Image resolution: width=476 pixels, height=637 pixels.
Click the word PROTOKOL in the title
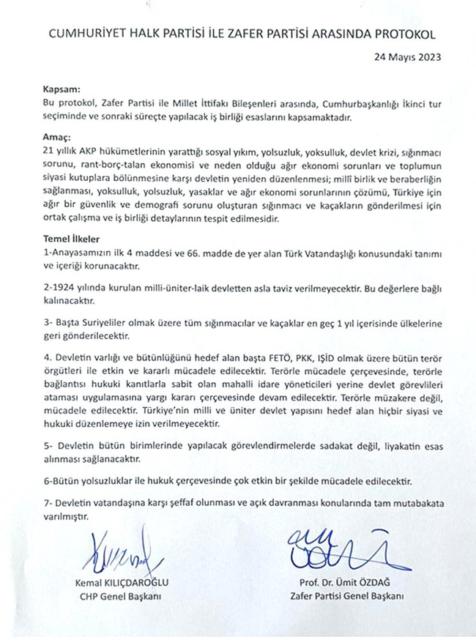[x=402, y=34]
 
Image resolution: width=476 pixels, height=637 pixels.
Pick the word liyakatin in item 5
[x=386, y=447]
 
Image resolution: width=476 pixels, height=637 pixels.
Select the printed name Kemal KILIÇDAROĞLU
[x=123, y=584]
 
